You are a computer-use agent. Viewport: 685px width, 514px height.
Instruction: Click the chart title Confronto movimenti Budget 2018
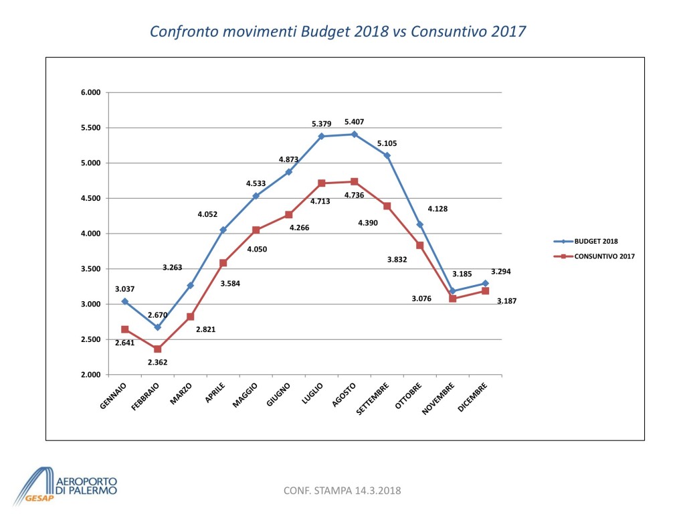click(x=338, y=31)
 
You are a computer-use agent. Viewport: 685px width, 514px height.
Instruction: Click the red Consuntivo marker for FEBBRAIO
click(x=158, y=349)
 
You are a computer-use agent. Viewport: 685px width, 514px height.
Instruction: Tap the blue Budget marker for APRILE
click(x=223, y=230)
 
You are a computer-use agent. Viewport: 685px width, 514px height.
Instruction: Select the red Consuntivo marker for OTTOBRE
click(x=420, y=246)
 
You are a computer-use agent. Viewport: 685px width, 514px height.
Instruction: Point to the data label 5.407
click(x=355, y=122)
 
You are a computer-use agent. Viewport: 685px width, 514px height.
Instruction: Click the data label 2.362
click(x=158, y=362)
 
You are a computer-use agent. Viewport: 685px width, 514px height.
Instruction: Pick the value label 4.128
click(x=437, y=209)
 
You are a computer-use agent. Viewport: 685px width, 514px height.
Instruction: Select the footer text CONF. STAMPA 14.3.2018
click(x=342, y=491)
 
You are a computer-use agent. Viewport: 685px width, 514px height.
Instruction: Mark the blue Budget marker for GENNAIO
click(x=125, y=301)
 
